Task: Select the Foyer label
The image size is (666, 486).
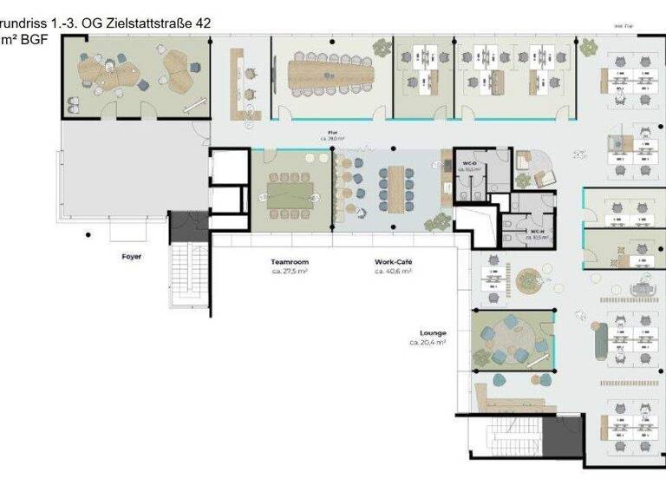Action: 131,257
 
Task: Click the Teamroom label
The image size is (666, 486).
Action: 290,261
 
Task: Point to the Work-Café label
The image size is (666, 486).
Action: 393,261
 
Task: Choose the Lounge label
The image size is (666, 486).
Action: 433,332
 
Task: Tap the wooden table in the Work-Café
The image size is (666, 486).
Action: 399,185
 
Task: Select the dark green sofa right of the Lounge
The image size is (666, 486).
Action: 598,338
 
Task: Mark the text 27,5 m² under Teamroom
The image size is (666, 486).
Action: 290,271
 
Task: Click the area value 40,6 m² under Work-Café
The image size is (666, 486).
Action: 393,271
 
